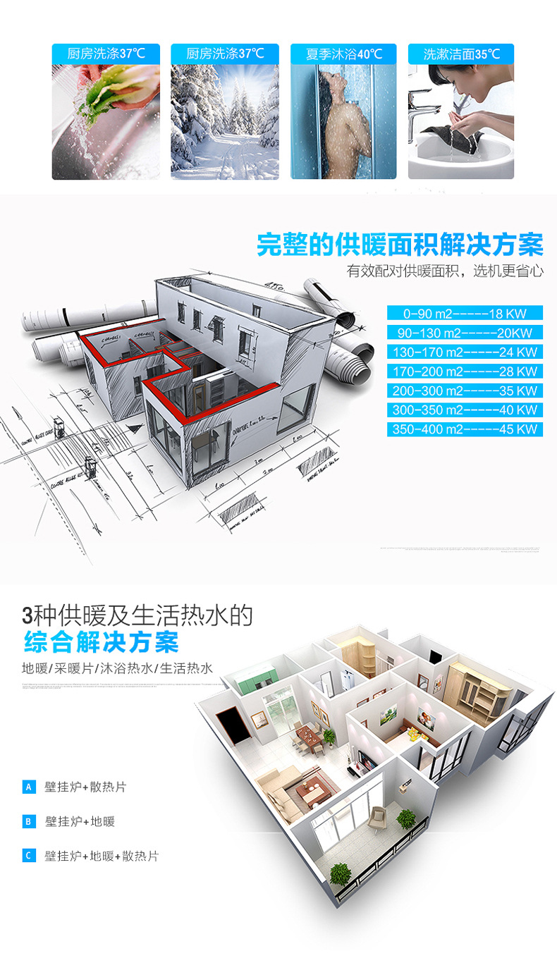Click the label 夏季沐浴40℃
point(343,54)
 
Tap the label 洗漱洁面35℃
point(461,54)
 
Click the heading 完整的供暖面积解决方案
point(400,245)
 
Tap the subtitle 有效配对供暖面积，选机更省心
point(445,271)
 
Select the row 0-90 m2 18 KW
point(465,313)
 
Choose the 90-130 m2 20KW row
point(465,333)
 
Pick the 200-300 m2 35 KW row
point(465,391)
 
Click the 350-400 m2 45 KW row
point(465,429)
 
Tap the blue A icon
point(29,787)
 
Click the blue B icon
point(29,821)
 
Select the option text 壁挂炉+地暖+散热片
point(102,856)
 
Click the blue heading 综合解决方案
point(101,642)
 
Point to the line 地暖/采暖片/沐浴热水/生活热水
point(117,668)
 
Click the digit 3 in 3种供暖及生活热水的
point(28,615)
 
